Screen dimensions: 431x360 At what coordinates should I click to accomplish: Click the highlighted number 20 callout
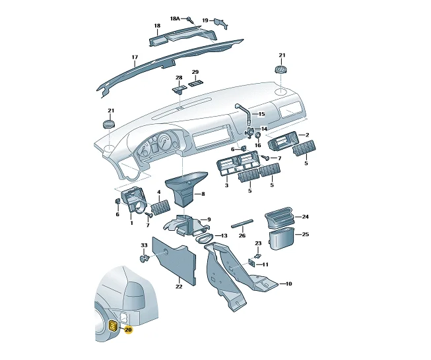128,330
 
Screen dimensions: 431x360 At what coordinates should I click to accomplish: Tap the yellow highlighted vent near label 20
113,326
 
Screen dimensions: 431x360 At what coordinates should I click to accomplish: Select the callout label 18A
175,18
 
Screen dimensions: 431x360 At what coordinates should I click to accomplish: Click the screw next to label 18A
190,19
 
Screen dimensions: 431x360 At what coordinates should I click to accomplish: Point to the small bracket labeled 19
222,23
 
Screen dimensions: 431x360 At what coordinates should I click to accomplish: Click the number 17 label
135,57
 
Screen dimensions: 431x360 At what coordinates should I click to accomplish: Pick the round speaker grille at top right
281,69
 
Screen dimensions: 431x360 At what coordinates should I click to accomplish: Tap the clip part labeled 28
179,89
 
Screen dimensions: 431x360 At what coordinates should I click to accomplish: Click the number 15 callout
261,113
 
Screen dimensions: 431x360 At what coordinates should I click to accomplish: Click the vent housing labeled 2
282,141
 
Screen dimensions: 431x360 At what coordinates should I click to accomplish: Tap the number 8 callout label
203,194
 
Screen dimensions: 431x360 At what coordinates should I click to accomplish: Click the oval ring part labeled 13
205,238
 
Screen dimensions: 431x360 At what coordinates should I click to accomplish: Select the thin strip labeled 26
242,223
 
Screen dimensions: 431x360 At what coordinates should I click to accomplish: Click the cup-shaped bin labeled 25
281,239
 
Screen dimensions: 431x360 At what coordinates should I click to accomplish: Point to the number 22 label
179,287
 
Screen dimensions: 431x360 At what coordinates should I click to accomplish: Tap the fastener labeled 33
144,258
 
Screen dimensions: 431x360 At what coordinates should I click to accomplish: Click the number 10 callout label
288,284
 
